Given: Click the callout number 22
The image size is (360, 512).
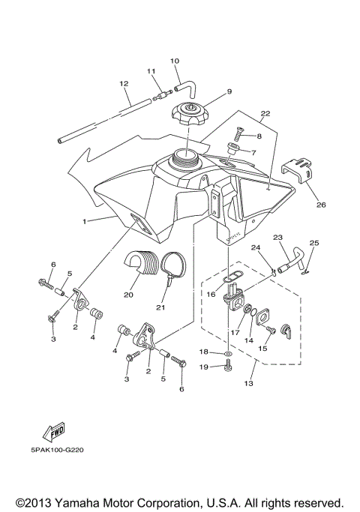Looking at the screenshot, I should pos(264,115).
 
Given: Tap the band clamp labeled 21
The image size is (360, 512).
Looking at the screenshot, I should pos(175,269).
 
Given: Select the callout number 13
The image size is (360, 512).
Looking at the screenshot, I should pos(249,383).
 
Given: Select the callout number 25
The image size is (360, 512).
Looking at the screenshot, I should pos(314,243).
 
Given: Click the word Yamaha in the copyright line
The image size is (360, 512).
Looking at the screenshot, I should pos(80,502).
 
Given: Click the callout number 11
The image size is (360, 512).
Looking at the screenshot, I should pos(151,71).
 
